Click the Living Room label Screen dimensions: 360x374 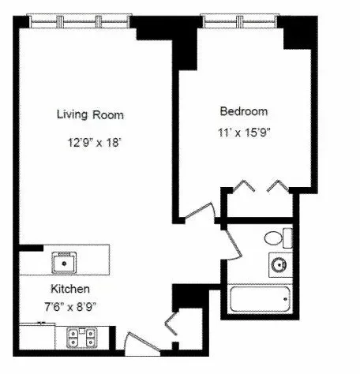coord(90,114)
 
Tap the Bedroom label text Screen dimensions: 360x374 coord(244,111)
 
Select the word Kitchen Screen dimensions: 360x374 coord(70,289)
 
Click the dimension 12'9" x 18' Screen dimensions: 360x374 coord(95,143)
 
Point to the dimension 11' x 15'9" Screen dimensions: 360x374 coord(244,133)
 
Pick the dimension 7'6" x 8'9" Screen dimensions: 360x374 coord(70,307)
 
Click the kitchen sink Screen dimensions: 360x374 coord(64,263)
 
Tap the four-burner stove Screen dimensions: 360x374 coord(81,338)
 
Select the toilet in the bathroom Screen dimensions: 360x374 coord(279,238)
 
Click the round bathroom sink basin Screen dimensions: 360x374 coord(279,264)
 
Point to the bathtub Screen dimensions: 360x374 coord(260,299)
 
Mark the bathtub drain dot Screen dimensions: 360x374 coord(285,299)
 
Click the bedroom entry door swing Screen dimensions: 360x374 coord(201,211)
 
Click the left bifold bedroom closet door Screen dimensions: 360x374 coord(244,185)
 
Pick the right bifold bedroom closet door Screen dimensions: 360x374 coord(278,185)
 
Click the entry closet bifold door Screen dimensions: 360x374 coord(171,324)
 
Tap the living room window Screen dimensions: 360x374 coord(79,21)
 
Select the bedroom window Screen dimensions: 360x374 coord(239,21)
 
